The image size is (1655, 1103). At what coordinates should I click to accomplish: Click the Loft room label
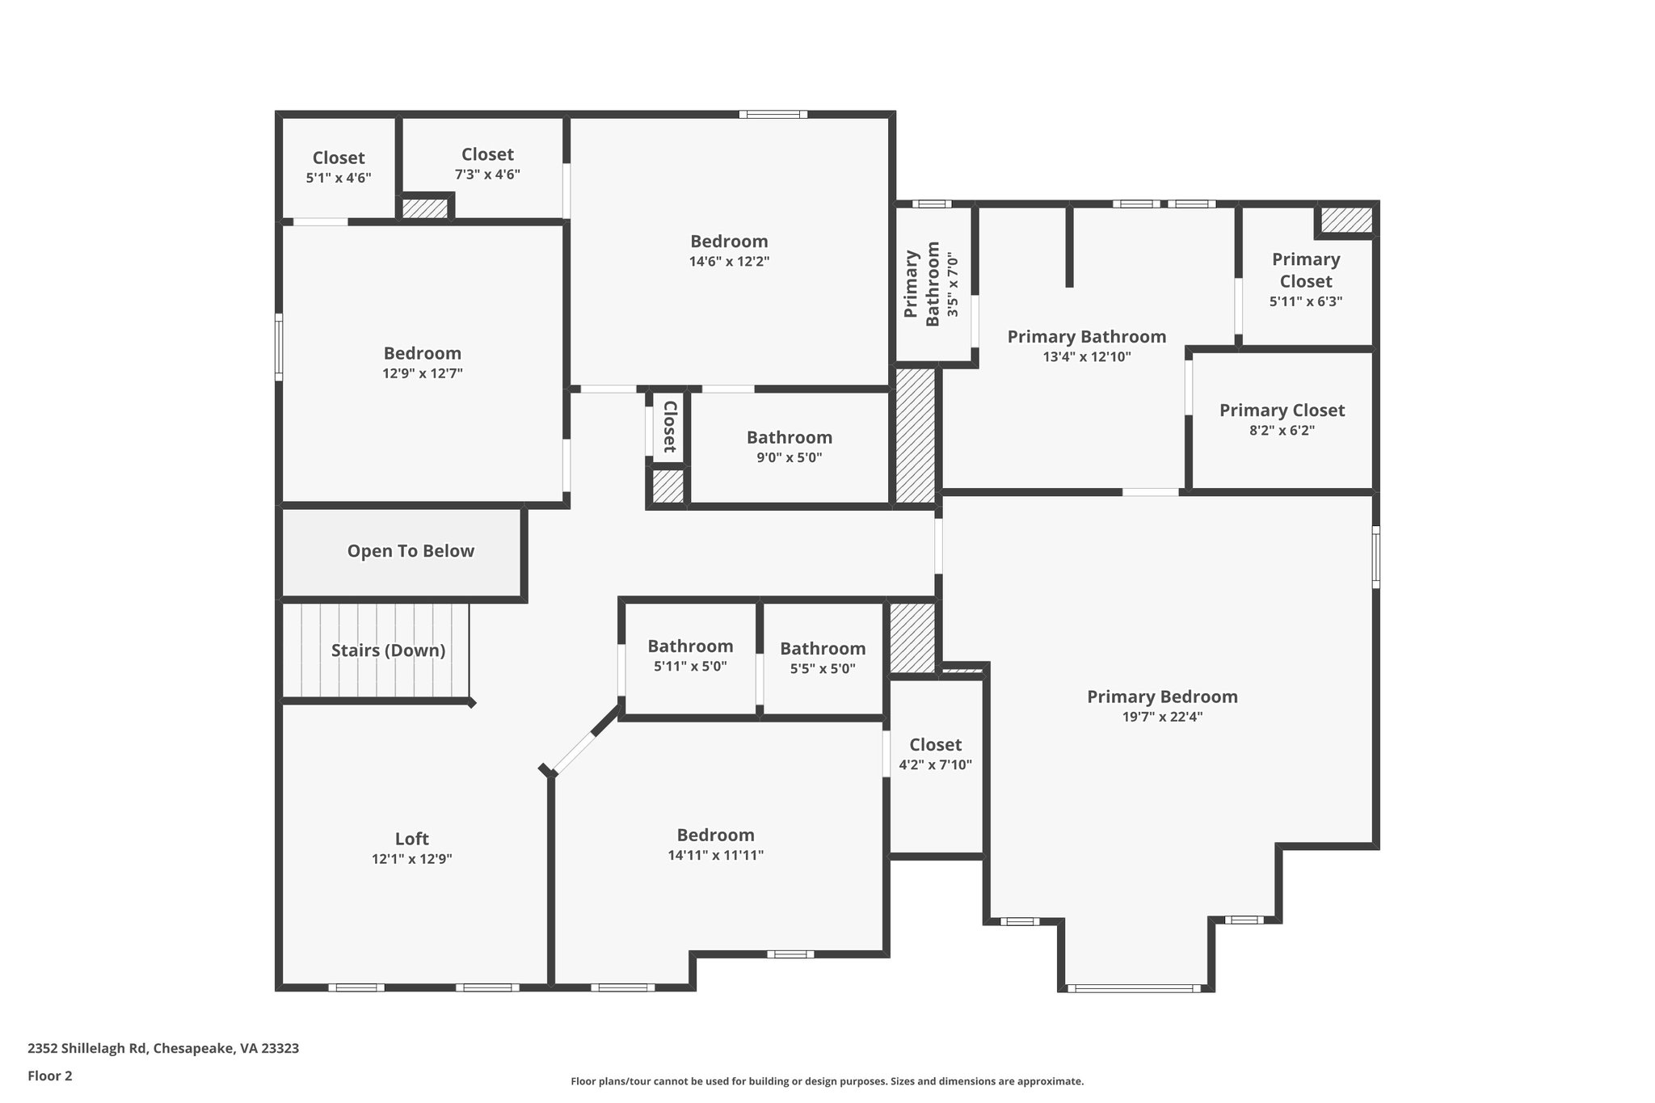tap(411, 839)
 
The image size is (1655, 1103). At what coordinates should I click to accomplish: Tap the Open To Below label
tap(411, 551)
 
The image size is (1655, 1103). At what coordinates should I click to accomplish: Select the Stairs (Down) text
tap(388, 650)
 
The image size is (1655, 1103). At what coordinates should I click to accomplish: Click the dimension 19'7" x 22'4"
tap(1162, 717)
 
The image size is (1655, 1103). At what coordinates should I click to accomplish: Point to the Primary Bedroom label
tap(1162, 697)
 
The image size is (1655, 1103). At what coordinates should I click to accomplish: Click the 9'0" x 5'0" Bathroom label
tap(789, 437)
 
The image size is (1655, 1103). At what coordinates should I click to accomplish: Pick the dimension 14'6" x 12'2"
tap(729, 262)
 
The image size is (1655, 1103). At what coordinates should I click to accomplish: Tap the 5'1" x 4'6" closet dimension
tap(339, 178)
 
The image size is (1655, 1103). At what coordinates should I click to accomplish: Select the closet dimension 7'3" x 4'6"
tap(487, 175)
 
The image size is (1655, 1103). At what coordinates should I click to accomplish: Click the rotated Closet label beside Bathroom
tap(669, 427)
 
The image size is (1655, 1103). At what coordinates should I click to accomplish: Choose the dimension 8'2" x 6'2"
tap(1282, 431)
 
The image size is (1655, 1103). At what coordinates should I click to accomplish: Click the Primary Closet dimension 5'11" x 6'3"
tap(1306, 301)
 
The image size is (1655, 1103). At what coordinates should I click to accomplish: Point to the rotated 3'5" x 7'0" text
tap(953, 284)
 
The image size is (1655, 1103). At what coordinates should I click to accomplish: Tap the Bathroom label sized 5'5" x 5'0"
tap(823, 649)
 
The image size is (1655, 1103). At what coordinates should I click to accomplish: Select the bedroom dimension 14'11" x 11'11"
tap(716, 856)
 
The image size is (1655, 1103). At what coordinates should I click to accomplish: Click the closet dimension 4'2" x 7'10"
tap(935, 765)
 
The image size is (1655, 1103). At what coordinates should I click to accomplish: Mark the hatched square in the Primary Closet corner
tap(1346, 220)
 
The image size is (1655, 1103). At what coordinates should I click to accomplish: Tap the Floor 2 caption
tap(50, 1076)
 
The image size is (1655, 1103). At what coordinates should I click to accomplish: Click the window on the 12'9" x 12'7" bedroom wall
tap(279, 347)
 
